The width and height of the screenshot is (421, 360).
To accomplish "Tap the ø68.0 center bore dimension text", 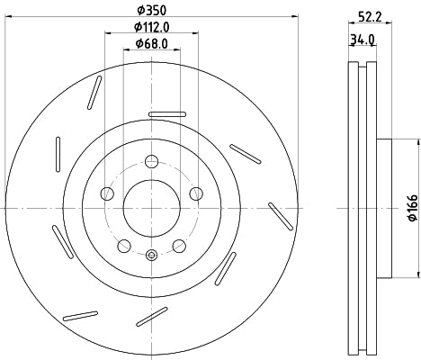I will [151, 43].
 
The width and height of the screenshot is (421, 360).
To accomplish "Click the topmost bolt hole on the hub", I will [151, 162].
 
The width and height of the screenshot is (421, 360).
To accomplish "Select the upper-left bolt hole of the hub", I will [107, 193].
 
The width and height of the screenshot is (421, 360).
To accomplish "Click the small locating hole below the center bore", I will [151, 257].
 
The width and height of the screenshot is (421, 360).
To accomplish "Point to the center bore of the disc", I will [151, 208].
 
